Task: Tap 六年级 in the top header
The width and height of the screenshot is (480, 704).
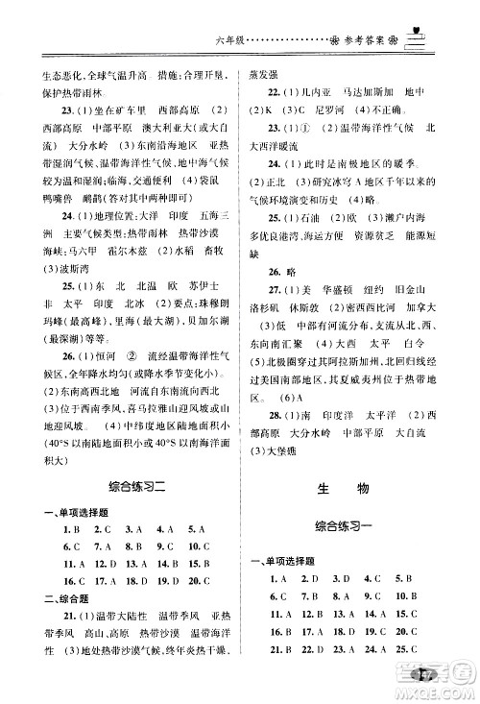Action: coord(227,42)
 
